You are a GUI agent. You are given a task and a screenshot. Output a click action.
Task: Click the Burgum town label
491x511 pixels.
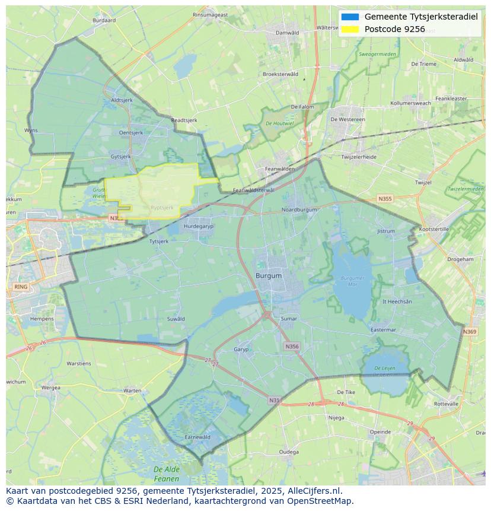269,276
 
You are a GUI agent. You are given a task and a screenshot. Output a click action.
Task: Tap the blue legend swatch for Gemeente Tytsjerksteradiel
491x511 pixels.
350,17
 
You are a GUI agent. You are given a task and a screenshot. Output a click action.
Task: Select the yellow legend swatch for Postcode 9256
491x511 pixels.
350,29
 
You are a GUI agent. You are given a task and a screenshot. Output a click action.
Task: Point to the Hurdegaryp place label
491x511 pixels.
198,227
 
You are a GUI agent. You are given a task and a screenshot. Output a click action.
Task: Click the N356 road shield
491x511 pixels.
292,347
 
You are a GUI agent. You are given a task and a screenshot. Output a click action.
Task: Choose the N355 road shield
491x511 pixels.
385,199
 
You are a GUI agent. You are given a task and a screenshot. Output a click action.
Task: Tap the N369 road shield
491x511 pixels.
470,332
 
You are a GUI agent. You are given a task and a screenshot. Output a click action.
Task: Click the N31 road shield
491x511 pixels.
274,401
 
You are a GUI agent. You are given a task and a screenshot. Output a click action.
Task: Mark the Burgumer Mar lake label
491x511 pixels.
353,281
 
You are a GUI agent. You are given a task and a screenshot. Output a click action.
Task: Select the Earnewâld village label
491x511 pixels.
197,437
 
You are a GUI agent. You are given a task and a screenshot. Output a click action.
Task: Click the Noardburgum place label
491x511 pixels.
299,210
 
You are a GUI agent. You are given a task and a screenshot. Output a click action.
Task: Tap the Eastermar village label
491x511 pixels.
382,330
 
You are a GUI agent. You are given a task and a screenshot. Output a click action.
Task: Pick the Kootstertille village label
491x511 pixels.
434,229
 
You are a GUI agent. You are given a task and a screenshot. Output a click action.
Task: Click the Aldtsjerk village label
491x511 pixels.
122,100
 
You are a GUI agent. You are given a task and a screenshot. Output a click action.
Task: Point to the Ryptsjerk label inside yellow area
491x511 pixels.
162,208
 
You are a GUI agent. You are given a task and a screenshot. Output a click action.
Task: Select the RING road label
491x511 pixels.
21,287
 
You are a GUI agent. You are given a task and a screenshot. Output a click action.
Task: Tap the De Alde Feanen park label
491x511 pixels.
166,474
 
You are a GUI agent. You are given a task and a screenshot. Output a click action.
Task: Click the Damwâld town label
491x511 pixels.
288,33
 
